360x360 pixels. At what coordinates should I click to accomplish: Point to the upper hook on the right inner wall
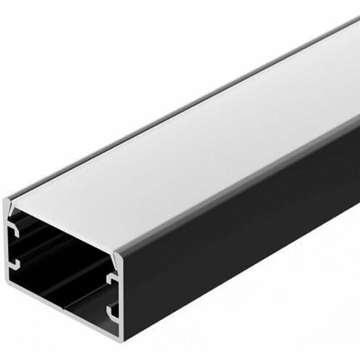click(113, 281)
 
